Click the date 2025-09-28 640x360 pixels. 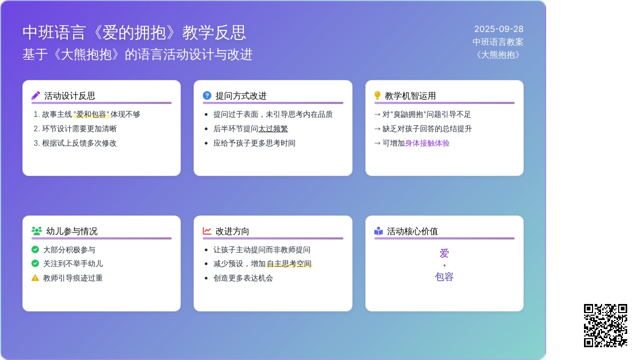(x=499, y=29)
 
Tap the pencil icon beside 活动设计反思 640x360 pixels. (x=36, y=95)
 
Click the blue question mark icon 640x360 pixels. (x=207, y=95)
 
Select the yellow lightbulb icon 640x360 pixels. (x=377, y=95)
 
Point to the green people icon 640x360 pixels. (x=37, y=230)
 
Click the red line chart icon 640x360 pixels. (x=207, y=230)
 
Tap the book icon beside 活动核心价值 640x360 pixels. (x=378, y=230)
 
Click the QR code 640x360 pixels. (x=605, y=325)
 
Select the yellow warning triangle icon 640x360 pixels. (x=35, y=278)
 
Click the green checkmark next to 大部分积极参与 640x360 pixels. (x=35, y=250)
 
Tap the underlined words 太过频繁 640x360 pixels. (x=273, y=129)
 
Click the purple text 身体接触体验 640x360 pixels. (x=427, y=143)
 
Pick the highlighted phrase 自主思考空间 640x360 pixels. (x=289, y=263)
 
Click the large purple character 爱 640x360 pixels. (x=444, y=253)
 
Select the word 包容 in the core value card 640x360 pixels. (x=444, y=277)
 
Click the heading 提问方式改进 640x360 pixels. (x=241, y=95)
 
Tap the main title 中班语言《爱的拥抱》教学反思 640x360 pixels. (x=134, y=33)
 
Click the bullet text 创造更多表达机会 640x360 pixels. (x=243, y=278)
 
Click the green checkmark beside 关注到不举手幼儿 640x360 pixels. (x=35, y=263)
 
